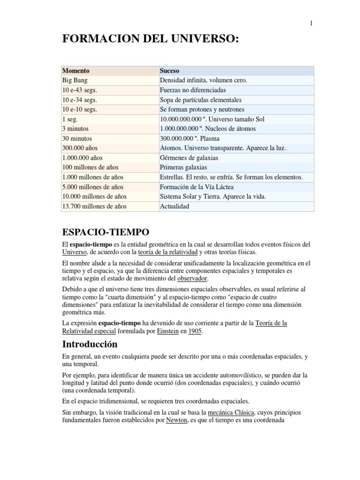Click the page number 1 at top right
pyautogui.click(x=311, y=24)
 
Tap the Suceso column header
pyautogui.click(x=170, y=71)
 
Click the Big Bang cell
pyautogui.click(x=75, y=80)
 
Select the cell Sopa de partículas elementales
pyautogui.click(x=201, y=100)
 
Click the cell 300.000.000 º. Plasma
pyautogui.click(x=189, y=138)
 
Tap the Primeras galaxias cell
pyautogui.click(x=183, y=167)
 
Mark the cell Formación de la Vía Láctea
pyautogui.click(x=196, y=187)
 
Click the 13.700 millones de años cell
pyautogui.click(x=94, y=206)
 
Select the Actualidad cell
pyautogui.click(x=175, y=206)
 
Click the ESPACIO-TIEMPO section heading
pyautogui.click(x=106, y=232)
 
